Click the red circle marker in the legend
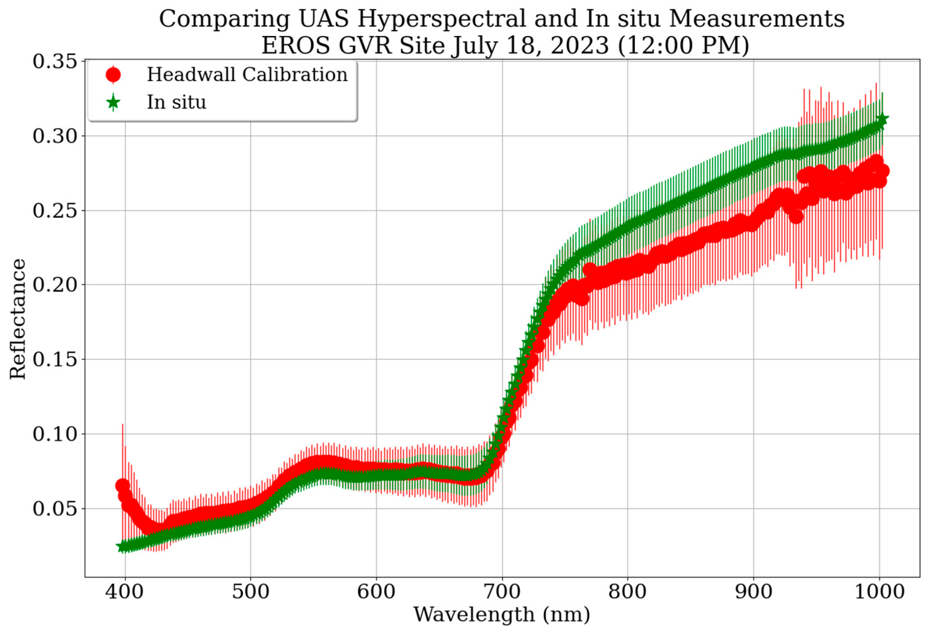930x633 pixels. click(x=113, y=75)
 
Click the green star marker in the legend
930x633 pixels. click(x=113, y=102)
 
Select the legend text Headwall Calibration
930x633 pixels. click(x=247, y=75)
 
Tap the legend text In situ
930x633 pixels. click(x=176, y=102)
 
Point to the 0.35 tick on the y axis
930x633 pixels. click(x=55, y=61)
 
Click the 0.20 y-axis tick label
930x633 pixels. click(x=55, y=285)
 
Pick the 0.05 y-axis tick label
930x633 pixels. click(x=55, y=508)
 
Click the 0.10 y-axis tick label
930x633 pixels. click(x=55, y=434)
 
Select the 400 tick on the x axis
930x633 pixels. click(x=124, y=591)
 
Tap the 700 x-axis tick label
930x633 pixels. click(x=502, y=591)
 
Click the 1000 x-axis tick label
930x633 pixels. click(x=879, y=591)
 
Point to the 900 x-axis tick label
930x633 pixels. click(x=754, y=591)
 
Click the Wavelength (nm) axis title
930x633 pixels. click(x=501, y=615)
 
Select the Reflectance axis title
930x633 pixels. click(x=18, y=319)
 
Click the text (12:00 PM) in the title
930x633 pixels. click(x=683, y=45)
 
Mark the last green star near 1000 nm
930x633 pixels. click(x=882, y=119)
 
